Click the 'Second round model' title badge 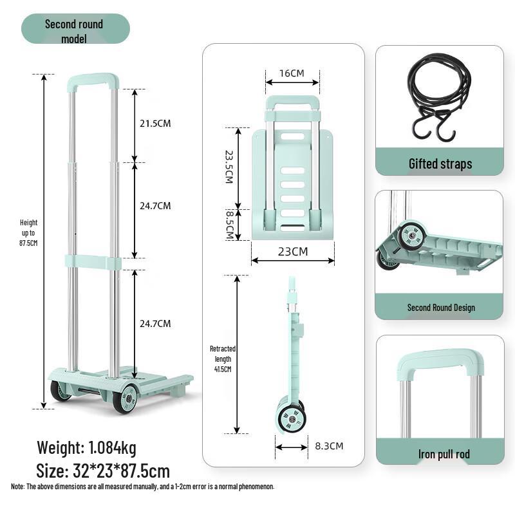75,30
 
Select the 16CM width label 292,73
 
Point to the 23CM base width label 292,251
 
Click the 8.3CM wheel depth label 328,445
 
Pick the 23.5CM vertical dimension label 229,167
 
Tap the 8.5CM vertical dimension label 229,224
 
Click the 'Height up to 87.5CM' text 28,233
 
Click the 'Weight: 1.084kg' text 86,447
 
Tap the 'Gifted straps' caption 440,164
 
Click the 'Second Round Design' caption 440,308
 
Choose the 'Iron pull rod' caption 444,454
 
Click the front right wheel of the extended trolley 125,398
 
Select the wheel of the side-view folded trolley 292,418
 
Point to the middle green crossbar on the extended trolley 93,262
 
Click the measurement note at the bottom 142,487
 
